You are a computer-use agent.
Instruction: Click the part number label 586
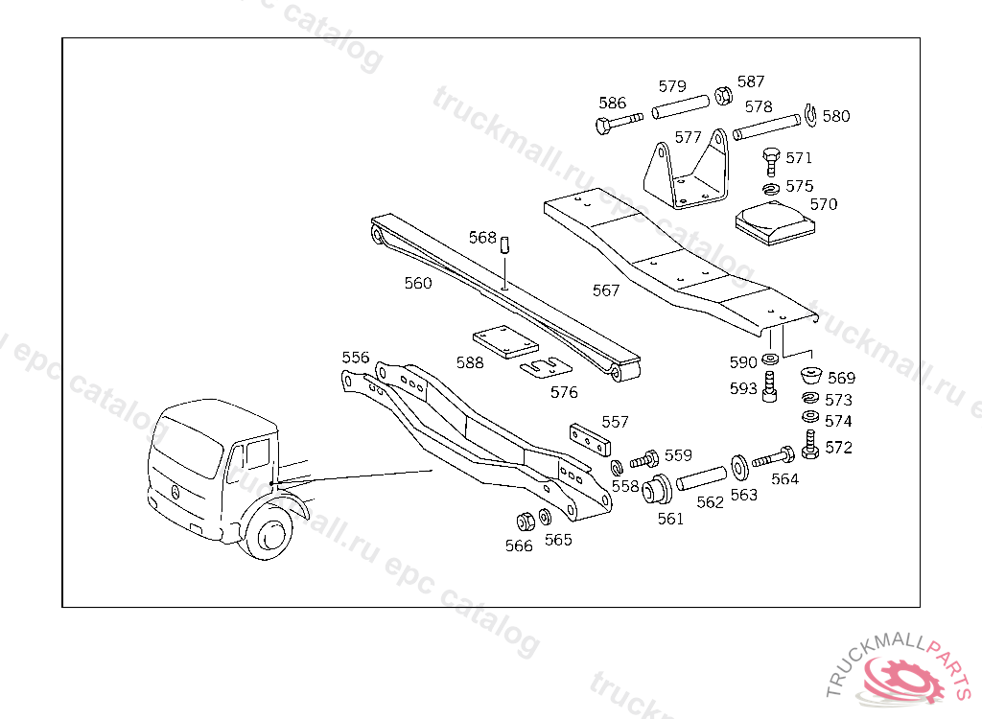coord(613,104)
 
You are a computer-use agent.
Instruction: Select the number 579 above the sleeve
coord(672,86)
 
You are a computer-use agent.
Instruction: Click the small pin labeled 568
coord(504,245)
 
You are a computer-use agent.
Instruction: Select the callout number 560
coord(418,283)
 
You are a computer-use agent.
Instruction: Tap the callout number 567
coord(606,290)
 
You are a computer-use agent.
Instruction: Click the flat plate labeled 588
coord(504,342)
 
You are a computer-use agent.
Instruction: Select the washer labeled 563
coord(740,466)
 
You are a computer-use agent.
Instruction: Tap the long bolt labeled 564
coord(774,458)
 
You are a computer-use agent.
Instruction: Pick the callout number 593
coord(743,389)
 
